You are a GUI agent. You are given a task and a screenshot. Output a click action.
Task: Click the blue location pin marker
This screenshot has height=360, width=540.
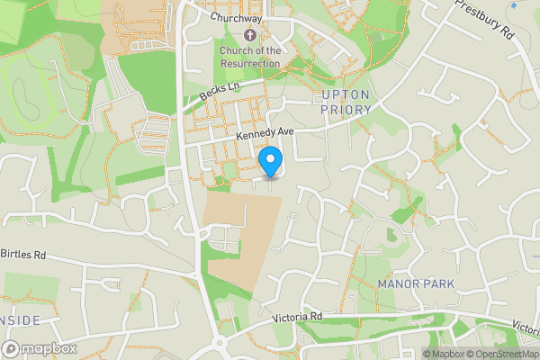click(271, 162)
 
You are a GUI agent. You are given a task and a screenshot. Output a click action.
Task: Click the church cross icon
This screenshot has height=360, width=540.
click(249, 35)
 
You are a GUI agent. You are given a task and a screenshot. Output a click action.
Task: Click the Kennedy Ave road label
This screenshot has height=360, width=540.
click(265, 133)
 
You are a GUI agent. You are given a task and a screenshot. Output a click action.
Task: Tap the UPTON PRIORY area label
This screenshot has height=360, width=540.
click(346, 102)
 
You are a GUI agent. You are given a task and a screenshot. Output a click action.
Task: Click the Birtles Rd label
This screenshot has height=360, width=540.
click(24, 255)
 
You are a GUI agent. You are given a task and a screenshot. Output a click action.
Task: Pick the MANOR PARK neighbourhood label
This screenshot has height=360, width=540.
click(416, 284)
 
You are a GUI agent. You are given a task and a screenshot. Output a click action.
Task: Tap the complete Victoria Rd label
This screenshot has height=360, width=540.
click(298, 317)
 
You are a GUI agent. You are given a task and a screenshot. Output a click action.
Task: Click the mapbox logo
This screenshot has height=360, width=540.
click(40, 348)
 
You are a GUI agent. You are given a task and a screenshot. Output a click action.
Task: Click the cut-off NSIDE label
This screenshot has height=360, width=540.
click(20, 320)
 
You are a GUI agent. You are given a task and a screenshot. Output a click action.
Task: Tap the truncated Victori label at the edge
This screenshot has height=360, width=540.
click(526, 327)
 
